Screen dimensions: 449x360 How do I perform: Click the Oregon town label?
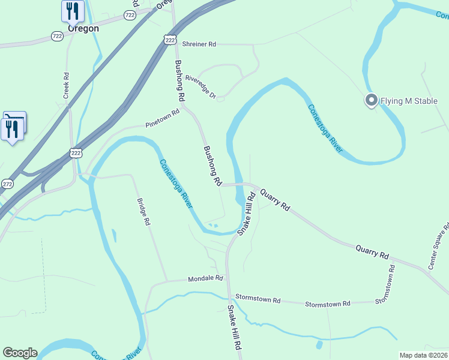point(83,28)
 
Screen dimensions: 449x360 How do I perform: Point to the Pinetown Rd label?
point(162,118)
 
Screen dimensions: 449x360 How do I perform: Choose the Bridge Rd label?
point(143,212)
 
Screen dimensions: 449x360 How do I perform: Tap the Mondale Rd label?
point(205,279)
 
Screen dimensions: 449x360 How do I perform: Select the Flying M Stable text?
point(410,101)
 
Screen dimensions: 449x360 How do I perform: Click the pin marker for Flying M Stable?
point(371,100)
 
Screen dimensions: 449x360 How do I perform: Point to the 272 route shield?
point(7,184)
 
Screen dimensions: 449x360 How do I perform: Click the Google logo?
point(20,353)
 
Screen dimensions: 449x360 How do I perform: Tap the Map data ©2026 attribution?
point(424,355)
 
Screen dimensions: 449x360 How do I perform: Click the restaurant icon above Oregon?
point(73,10)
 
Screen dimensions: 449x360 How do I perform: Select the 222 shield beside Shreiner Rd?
point(170,40)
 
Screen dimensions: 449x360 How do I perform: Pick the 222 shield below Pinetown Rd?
point(76,153)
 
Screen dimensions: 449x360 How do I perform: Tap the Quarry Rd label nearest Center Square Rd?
point(372,251)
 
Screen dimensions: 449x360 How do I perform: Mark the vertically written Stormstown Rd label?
point(387,284)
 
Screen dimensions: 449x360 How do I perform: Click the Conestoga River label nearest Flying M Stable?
point(325,128)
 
